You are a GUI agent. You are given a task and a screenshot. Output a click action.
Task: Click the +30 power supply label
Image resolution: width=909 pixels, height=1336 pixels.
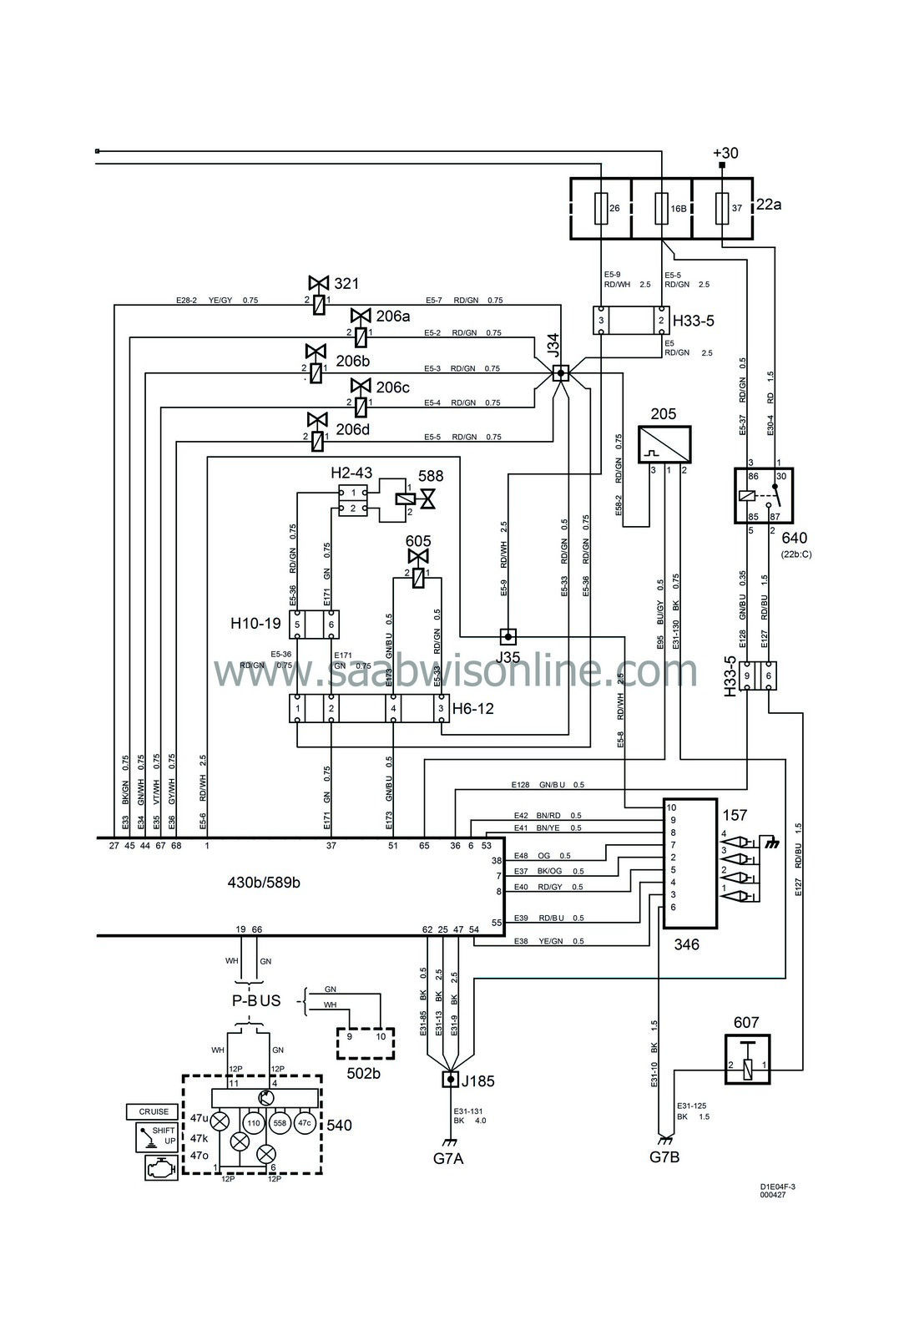tap(725, 153)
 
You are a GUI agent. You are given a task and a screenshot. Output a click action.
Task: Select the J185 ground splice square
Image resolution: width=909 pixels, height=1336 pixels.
tap(450, 1080)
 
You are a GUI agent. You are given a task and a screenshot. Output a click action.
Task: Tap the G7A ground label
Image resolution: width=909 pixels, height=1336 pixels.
tap(449, 1157)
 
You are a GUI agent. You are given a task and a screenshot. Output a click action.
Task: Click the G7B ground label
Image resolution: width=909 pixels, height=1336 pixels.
tap(664, 1157)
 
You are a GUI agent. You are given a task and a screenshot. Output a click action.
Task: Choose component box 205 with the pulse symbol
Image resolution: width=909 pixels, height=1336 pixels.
tap(664, 444)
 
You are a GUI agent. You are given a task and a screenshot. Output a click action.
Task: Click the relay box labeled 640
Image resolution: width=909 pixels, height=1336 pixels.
tap(763, 494)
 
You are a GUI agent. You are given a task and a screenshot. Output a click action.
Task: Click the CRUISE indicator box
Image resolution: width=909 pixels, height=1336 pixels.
tap(154, 1111)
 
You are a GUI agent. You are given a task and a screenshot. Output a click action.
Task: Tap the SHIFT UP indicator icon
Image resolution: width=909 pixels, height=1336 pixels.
tap(157, 1137)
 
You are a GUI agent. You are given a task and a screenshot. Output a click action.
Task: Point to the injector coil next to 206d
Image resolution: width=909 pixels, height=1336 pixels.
tap(318, 442)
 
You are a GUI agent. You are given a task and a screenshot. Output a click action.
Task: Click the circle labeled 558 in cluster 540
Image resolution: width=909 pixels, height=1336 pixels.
tap(280, 1123)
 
